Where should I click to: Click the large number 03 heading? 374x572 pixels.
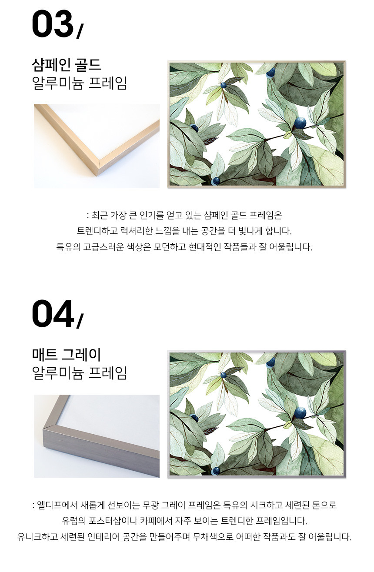(x=53, y=24)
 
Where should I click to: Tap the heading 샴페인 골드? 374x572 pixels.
(x=67, y=65)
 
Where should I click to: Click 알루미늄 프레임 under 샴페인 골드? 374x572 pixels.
(x=80, y=83)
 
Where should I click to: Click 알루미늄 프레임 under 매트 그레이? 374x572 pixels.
(x=80, y=373)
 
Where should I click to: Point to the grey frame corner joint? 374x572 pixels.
(x=50, y=427)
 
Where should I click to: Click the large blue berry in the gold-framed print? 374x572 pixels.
(x=300, y=123)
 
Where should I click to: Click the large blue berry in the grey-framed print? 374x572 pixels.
(x=300, y=413)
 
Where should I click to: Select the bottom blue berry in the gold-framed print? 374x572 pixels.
(x=216, y=181)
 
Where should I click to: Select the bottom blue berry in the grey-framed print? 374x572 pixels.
(x=216, y=471)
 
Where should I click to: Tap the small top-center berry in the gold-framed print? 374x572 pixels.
(x=224, y=85)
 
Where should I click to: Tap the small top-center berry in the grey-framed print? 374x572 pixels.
(x=224, y=375)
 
